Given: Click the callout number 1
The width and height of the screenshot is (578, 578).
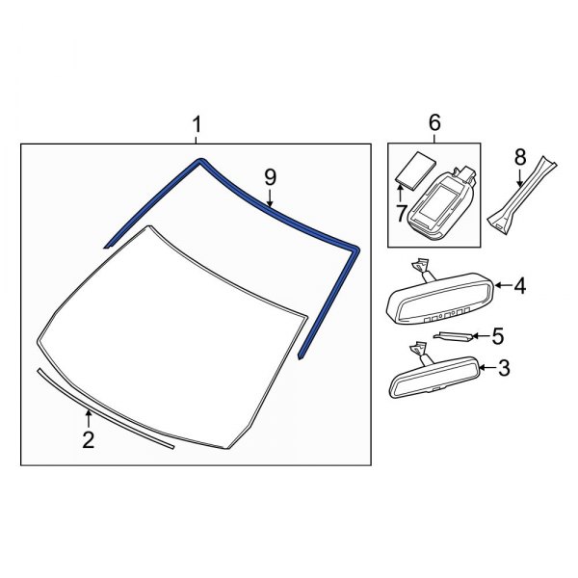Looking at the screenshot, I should coord(197,125).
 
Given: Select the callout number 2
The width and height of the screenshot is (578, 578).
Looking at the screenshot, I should coord(88,440).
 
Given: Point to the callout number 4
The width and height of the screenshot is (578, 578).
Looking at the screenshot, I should coord(519,285).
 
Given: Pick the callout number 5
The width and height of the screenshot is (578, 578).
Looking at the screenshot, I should coord(498,335).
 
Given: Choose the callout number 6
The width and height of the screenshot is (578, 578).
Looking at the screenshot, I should coord(433,123).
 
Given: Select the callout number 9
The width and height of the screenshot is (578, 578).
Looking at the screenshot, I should coord(270,176).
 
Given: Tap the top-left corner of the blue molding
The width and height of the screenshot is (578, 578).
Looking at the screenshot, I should coord(198,162).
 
